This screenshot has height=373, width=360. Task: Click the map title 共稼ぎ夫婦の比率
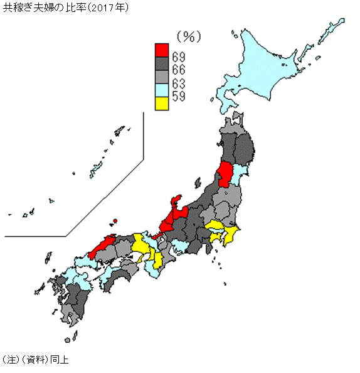(45, 8)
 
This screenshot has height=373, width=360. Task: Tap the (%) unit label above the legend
(188, 36)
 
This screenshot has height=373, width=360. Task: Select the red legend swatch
(162, 50)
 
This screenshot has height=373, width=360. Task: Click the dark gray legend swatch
(162, 64)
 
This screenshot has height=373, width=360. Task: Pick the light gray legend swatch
(162, 78)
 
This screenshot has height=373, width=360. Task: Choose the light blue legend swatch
(162, 92)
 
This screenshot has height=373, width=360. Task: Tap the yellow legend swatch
(162, 104)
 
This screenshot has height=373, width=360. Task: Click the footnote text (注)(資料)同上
(36, 360)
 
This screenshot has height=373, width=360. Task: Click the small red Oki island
(115, 221)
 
